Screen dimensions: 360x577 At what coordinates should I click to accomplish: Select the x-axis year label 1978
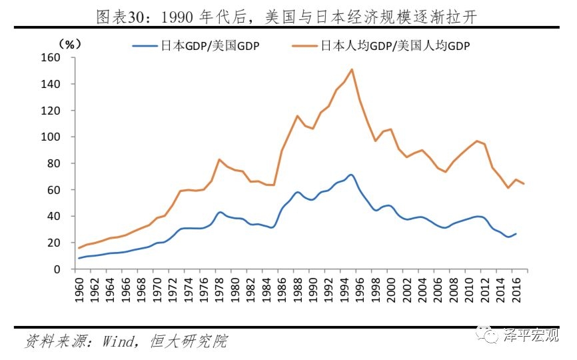click(219, 288)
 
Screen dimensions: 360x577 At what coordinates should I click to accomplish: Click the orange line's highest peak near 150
click(351, 69)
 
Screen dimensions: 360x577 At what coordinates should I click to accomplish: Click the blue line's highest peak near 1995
click(350, 175)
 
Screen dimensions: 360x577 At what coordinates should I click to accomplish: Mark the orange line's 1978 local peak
click(219, 159)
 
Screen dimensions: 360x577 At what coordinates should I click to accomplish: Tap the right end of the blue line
click(516, 233)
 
